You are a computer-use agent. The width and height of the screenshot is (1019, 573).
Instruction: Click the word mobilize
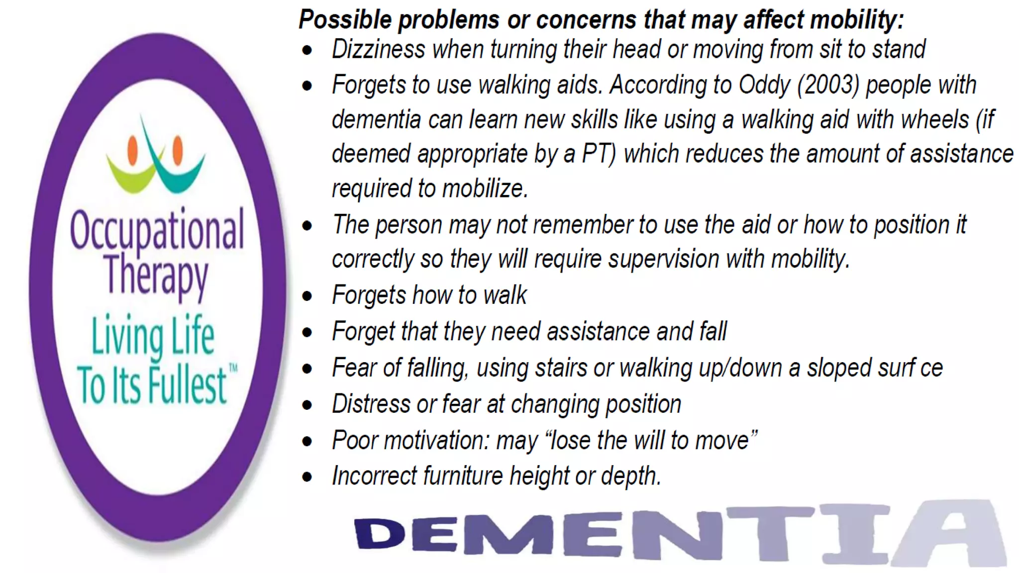(x=485, y=189)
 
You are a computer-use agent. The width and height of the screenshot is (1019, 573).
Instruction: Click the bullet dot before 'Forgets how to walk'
(x=307, y=296)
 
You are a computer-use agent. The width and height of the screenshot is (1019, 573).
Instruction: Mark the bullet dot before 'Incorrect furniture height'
(x=307, y=477)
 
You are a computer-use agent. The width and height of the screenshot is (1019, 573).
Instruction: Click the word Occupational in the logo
(x=157, y=230)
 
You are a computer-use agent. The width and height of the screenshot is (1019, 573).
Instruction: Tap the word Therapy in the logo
(x=156, y=275)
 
